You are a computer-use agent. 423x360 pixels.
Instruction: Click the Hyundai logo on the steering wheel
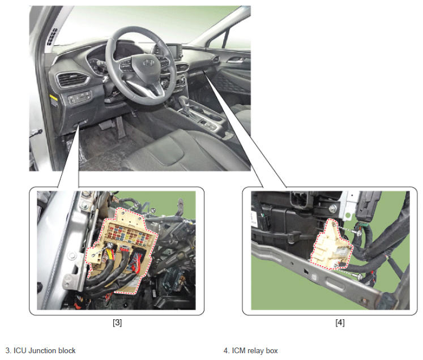(148, 63)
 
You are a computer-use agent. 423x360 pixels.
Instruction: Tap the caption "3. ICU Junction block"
(40, 350)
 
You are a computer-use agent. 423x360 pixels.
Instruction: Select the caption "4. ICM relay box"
(251, 350)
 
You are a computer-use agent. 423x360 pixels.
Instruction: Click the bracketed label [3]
(117, 323)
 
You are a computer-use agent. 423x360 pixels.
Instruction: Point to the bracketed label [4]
(340, 323)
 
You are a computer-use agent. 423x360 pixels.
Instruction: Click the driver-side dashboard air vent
(72, 79)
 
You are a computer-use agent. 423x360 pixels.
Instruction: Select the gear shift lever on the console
(185, 103)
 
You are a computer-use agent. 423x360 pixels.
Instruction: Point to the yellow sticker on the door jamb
(54, 100)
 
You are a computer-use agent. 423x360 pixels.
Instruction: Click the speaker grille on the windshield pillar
(52, 36)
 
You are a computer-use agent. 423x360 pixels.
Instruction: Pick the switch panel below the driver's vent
(80, 97)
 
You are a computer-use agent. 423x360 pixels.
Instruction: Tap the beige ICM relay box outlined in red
(331, 245)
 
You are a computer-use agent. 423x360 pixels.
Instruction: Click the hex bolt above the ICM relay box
(333, 208)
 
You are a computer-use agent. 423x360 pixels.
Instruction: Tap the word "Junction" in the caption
(42, 350)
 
